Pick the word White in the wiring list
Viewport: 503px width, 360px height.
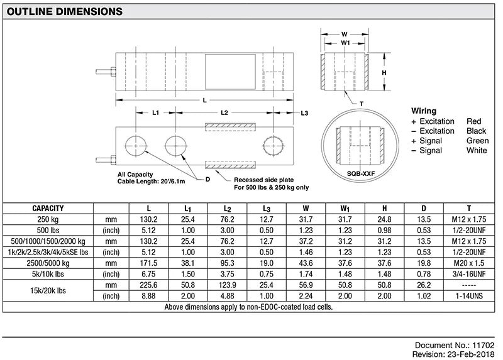point(477,150)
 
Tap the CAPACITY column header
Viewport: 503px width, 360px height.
point(48,208)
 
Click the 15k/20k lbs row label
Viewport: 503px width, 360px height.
point(48,290)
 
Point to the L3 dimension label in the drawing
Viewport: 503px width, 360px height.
point(304,113)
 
